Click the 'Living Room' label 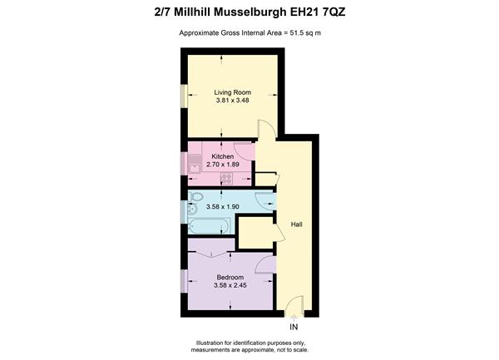[232, 92]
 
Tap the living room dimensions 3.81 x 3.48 [232, 101]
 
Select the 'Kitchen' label [223, 156]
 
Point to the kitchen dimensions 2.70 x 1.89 [223, 165]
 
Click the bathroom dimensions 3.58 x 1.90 [222, 207]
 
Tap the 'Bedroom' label [230, 278]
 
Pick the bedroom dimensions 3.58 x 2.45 [230, 285]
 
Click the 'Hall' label [296, 224]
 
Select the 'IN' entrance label [294, 327]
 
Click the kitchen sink [195, 164]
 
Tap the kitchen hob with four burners [226, 179]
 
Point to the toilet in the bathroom [195, 196]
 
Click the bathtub [209, 226]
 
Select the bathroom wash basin [192, 210]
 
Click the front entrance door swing [294, 305]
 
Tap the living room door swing [266, 129]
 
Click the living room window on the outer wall [184, 96]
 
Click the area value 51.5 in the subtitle [296, 32]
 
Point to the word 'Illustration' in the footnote [210, 343]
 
